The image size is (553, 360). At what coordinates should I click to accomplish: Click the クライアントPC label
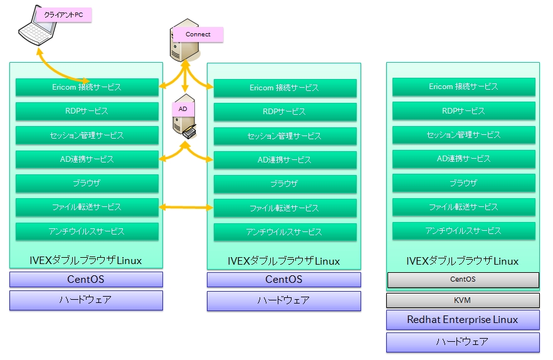[63, 14]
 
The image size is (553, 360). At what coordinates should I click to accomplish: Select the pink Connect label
[198, 34]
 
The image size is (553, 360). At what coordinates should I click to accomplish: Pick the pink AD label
[183, 109]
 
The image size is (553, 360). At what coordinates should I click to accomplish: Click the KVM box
[462, 300]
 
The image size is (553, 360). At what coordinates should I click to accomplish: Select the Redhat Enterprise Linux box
[462, 320]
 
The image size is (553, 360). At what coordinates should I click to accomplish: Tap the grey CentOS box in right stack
[462, 279]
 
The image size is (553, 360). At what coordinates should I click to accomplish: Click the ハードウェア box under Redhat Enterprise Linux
[462, 342]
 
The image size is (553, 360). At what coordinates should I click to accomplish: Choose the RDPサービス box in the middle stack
[285, 112]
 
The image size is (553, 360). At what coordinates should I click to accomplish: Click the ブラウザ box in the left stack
[87, 183]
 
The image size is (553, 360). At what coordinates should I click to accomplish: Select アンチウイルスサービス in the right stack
[463, 231]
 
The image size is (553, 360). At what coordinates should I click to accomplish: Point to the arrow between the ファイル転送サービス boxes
[186, 207]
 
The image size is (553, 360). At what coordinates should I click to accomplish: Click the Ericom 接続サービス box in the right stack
[463, 87]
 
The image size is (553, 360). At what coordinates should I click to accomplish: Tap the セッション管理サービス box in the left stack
[87, 135]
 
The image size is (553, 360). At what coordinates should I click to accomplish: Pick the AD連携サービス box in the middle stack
[285, 160]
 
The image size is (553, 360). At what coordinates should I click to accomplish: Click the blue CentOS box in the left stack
[86, 279]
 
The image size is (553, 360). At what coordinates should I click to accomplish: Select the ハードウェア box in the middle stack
[284, 300]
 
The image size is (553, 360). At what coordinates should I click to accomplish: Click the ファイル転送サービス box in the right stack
[463, 207]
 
